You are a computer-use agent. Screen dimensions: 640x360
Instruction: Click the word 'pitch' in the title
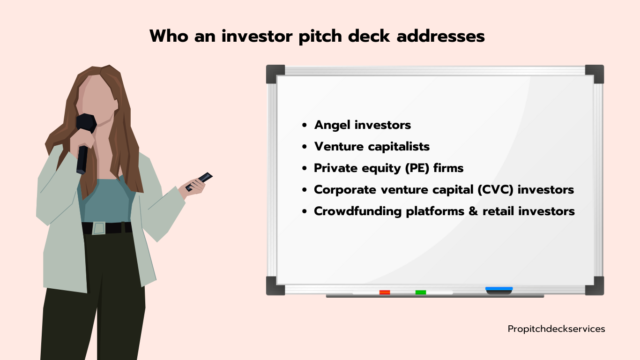320,37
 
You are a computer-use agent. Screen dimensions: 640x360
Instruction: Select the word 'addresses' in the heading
440,36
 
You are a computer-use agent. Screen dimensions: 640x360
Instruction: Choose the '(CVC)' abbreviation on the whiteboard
495,189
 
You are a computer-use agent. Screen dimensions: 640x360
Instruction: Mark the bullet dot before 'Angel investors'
304,125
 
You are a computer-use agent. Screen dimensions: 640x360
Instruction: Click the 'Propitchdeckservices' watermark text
556,329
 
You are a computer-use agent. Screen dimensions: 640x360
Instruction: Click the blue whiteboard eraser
499,291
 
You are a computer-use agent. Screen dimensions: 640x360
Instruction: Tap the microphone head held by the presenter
86,123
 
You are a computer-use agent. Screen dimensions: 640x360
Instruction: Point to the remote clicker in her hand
199,181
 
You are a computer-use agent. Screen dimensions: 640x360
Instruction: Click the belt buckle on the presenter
99,228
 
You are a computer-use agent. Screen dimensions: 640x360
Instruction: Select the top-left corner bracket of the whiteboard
275,74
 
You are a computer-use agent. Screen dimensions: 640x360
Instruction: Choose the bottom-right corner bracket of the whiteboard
595,285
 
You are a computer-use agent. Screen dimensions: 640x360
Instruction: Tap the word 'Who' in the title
169,36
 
